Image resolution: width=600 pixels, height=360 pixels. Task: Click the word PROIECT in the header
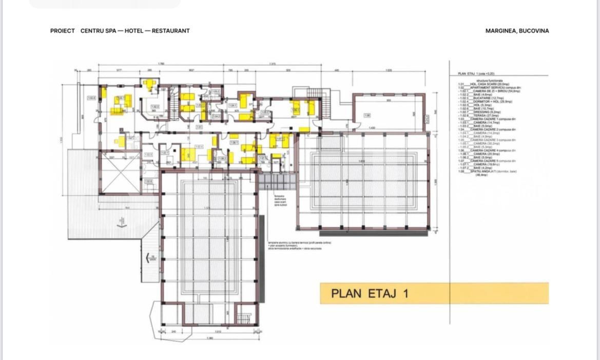[x=63, y=31]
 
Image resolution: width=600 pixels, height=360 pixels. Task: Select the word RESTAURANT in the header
[x=171, y=31]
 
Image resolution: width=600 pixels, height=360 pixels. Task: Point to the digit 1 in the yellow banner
[x=405, y=294]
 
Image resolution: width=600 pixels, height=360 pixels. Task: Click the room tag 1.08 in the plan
[x=367, y=116]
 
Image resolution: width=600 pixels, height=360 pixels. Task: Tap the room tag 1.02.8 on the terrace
[x=92, y=98]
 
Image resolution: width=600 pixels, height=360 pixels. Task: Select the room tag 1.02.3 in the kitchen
[x=154, y=107]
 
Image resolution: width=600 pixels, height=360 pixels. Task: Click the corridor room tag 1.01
[x=199, y=126]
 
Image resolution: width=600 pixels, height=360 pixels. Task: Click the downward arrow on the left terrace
[x=122, y=223]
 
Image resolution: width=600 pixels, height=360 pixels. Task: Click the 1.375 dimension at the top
[x=272, y=64]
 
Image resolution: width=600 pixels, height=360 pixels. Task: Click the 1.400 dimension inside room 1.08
[x=371, y=128]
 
